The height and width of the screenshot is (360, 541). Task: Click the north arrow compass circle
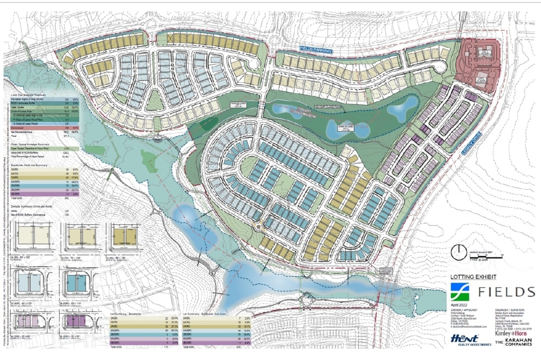459,250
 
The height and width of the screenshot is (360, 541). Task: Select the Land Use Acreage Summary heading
32,95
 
